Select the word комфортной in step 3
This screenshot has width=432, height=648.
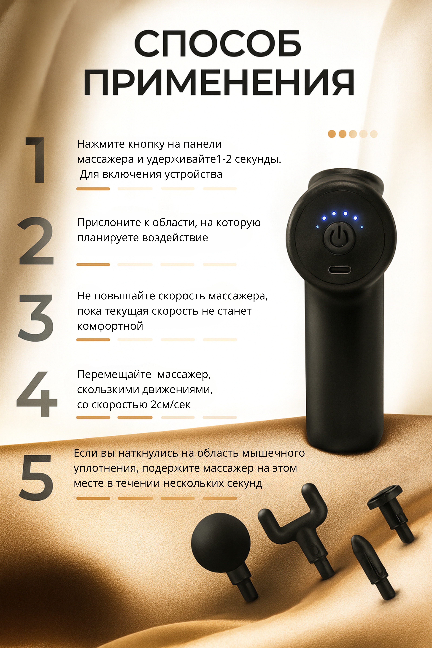[x=110, y=326]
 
